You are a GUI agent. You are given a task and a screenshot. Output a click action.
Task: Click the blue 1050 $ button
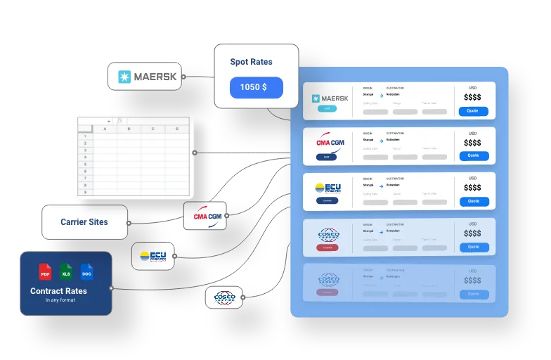[x=256, y=88]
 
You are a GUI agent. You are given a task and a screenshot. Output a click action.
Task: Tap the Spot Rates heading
[x=251, y=62]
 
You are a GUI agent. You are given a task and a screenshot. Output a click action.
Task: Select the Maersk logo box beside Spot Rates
[x=144, y=77]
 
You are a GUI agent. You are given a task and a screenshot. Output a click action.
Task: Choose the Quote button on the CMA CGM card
[x=473, y=155]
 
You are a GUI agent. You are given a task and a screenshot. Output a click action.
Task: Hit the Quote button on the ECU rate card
[x=473, y=201]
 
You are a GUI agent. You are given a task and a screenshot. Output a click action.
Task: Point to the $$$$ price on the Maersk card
[x=473, y=98]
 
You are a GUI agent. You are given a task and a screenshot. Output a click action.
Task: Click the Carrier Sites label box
[x=84, y=222]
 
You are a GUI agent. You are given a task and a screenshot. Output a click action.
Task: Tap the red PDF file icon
[x=45, y=272]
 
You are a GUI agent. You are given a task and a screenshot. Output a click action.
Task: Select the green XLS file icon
[x=66, y=272]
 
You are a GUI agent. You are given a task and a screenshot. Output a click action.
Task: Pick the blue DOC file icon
[x=86, y=272]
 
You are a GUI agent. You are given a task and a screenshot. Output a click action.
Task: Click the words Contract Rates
[x=58, y=291]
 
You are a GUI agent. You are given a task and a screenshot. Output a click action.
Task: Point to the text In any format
[x=60, y=300]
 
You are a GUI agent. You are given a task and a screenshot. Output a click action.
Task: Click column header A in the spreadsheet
[x=105, y=129]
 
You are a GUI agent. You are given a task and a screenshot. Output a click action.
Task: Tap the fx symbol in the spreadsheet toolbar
[x=120, y=121]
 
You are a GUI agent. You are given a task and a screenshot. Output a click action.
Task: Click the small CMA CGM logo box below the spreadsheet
[x=207, y=216]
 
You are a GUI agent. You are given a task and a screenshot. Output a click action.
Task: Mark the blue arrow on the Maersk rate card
[x=380, y=94]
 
